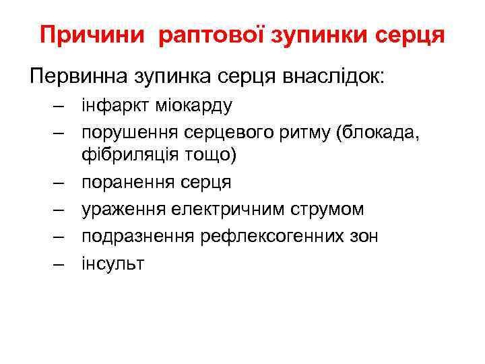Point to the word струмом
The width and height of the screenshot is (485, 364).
(x=330, y=210)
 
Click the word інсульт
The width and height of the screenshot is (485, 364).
(x=113, y=263)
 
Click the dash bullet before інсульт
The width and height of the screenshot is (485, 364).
(x=59, y=263)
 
